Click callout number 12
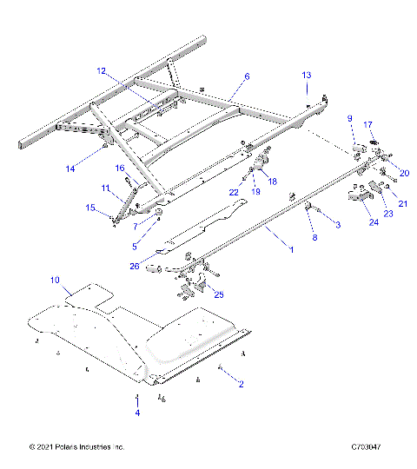(x=101, y=70)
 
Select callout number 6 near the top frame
(x=247, y=76)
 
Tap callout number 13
(x=306, y=76)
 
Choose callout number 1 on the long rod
(x=291, y=249)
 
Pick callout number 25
(x=219, y=294)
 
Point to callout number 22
(x=234, y=191)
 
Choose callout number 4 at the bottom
(x=136, y=413)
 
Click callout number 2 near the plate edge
(x=241, y=383)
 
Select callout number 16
(x=121, y=168)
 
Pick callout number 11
(x=103, y=188)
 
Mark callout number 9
(x=350, y=118)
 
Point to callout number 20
(x=392, y=174)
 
